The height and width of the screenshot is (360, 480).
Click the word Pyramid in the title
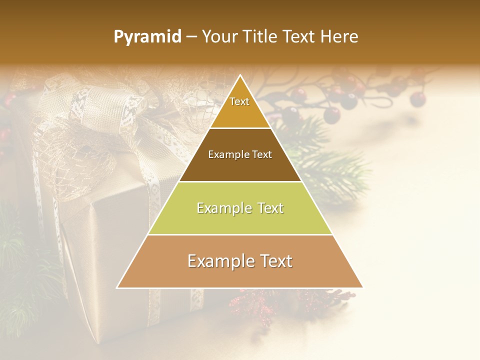point(147,37)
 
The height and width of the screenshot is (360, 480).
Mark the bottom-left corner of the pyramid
point(117,287)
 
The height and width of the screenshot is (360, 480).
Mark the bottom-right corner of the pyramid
point(363,287)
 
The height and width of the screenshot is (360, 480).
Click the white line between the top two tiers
point(240,128)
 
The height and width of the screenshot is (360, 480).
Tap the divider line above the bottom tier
point(240,234)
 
